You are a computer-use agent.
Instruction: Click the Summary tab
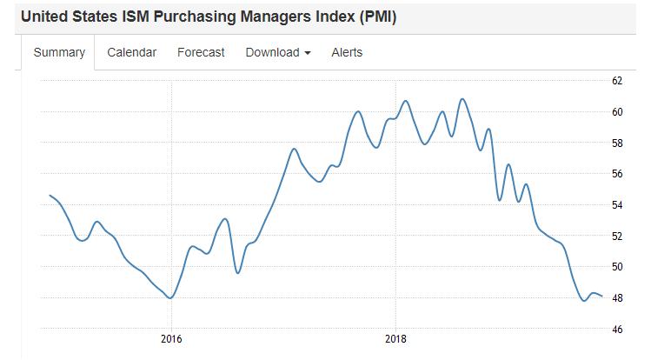tap(59, 52)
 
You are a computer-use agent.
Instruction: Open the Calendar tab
tap(132, 52)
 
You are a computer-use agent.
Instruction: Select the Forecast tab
tap(201, 52)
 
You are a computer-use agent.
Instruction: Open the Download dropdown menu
tap(278, 52)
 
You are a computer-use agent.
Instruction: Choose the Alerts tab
tap(347, 52)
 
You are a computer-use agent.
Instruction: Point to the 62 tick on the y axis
tap(617, 81)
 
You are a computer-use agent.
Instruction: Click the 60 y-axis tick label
tap(617, 112)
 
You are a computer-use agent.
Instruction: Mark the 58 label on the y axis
tap(617, 143)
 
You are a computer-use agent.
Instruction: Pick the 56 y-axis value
tap(617, 174)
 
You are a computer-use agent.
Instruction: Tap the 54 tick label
tap(617, 205)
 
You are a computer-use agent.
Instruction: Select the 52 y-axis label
tap(617, 236)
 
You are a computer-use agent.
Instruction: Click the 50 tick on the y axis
tap(617, 267)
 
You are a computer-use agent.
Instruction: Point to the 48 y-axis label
tap(617, 298)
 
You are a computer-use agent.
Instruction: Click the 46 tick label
tap(617, 330)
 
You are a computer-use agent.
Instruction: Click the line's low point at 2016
tap(171, 297)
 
